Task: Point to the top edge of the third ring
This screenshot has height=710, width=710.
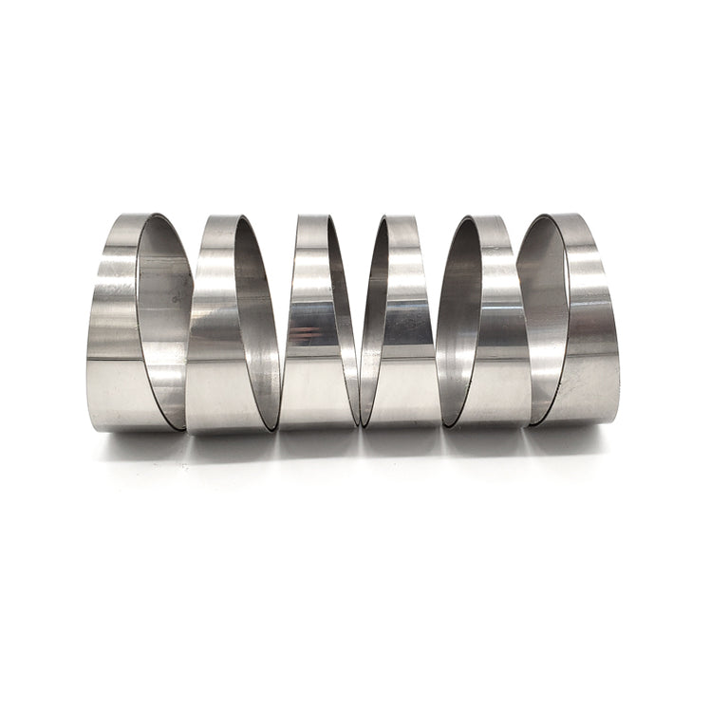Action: click(313, 217)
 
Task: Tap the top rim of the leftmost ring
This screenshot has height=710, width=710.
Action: click(128, 217)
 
